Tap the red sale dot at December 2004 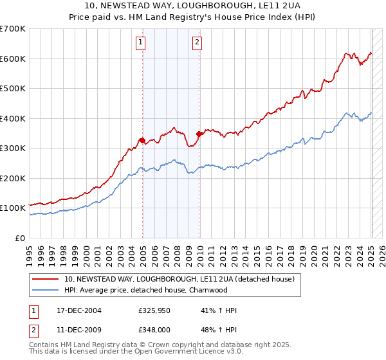pos(142,140)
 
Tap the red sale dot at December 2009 pos(199,134)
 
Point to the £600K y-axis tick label pos(12,59)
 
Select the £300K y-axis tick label pos(12,148)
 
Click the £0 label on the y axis pos(19,238)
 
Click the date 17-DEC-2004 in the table pos(78,310)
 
